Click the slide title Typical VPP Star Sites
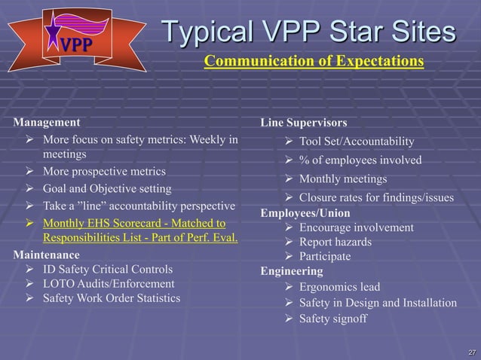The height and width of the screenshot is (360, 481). point(310,32)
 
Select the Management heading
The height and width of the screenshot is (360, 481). point(46,121)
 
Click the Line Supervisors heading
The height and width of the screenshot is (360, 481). point(304,122)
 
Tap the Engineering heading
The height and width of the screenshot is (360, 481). point(291,270)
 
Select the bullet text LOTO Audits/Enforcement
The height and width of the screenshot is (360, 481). point(109,284)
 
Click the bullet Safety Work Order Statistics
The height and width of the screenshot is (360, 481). point(112,298)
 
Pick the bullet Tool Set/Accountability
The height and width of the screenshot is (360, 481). point(357,142)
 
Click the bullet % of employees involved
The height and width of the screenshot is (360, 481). point(360,160)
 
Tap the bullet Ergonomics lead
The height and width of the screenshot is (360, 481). point(339,287)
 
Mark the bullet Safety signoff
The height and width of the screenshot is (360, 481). point(333,319)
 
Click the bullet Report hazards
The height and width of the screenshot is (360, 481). point(335,242)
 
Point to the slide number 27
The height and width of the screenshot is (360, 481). point(471,352)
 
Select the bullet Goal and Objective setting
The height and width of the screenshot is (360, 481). point(107,188)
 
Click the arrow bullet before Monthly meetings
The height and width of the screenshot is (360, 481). point(287,179)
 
